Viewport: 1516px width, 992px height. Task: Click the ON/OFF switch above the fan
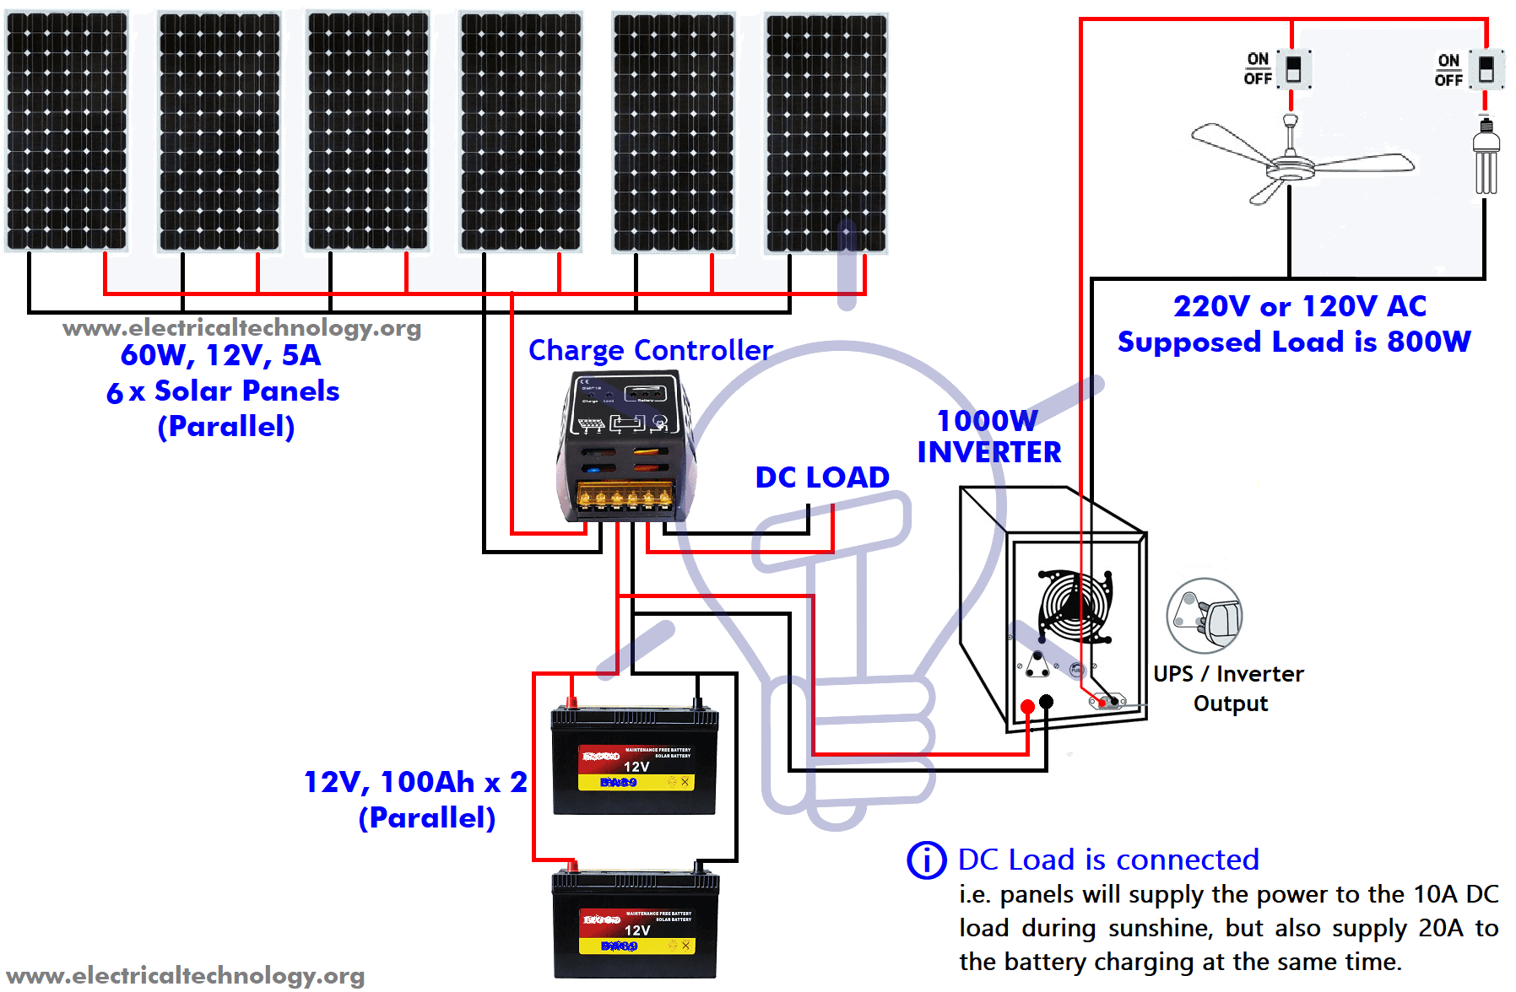pos(1293,69)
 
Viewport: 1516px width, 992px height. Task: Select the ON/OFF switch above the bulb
pos(1486,69)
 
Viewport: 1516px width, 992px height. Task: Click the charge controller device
pos(625,448)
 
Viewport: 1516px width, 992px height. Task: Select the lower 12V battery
pos(635,925)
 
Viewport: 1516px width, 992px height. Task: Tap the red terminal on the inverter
pos(1027,707)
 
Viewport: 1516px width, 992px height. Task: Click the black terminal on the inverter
pos(1047,702)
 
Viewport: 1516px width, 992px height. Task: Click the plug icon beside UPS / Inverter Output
pos(1205,616)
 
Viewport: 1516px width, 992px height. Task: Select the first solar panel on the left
pos(67,131)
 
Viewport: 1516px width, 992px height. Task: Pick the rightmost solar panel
pos(826,133)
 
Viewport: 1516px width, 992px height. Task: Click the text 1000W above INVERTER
pos(988,420)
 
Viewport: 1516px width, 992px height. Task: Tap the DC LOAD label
pos(822,477)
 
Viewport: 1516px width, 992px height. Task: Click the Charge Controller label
pos(650,350)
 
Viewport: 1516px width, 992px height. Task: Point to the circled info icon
pos(927,860)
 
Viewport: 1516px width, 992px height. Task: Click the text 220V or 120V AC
pos(1299,306)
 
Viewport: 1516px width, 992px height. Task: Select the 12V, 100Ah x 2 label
pos(415,782)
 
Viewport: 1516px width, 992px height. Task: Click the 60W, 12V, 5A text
pos(221,355)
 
